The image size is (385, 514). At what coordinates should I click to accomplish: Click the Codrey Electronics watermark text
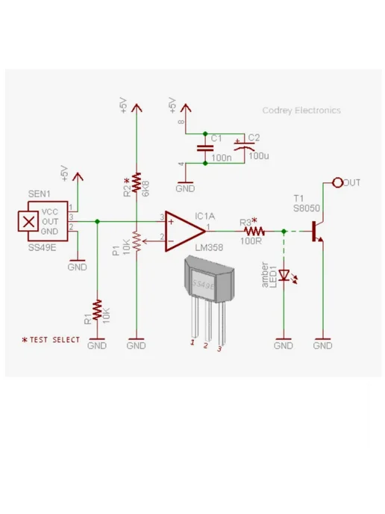[x=301, y=111]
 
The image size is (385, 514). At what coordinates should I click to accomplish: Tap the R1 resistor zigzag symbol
[x=97, y=310]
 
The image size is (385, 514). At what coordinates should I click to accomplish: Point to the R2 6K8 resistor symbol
[x=137, y=183]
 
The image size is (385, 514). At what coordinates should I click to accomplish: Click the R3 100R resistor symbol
[x=254, y=232]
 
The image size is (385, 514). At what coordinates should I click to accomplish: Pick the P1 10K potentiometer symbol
[x=137, y=241]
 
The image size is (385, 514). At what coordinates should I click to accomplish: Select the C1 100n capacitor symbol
[x=205, y=149]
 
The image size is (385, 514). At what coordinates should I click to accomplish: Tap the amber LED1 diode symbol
[x=285, y=276]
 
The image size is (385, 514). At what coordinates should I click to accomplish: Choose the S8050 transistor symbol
[x=316, y=232]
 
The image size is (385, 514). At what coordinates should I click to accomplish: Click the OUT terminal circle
[x=337, y=182]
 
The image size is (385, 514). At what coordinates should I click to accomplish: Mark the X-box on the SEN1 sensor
[x=28, y=222]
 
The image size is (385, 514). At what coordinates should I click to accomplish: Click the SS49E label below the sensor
[x=42, y=247]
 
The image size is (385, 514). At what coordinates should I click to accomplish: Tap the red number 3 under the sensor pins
[x=219, y=349]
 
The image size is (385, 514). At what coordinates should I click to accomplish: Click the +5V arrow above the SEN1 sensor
[x=78, y=176]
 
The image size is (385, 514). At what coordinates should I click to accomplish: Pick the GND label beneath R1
[x=97, y=345]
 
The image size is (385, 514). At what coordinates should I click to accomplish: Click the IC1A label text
[x=205, y=217]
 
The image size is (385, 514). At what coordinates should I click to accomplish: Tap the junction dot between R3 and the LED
[x=284, y=232]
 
